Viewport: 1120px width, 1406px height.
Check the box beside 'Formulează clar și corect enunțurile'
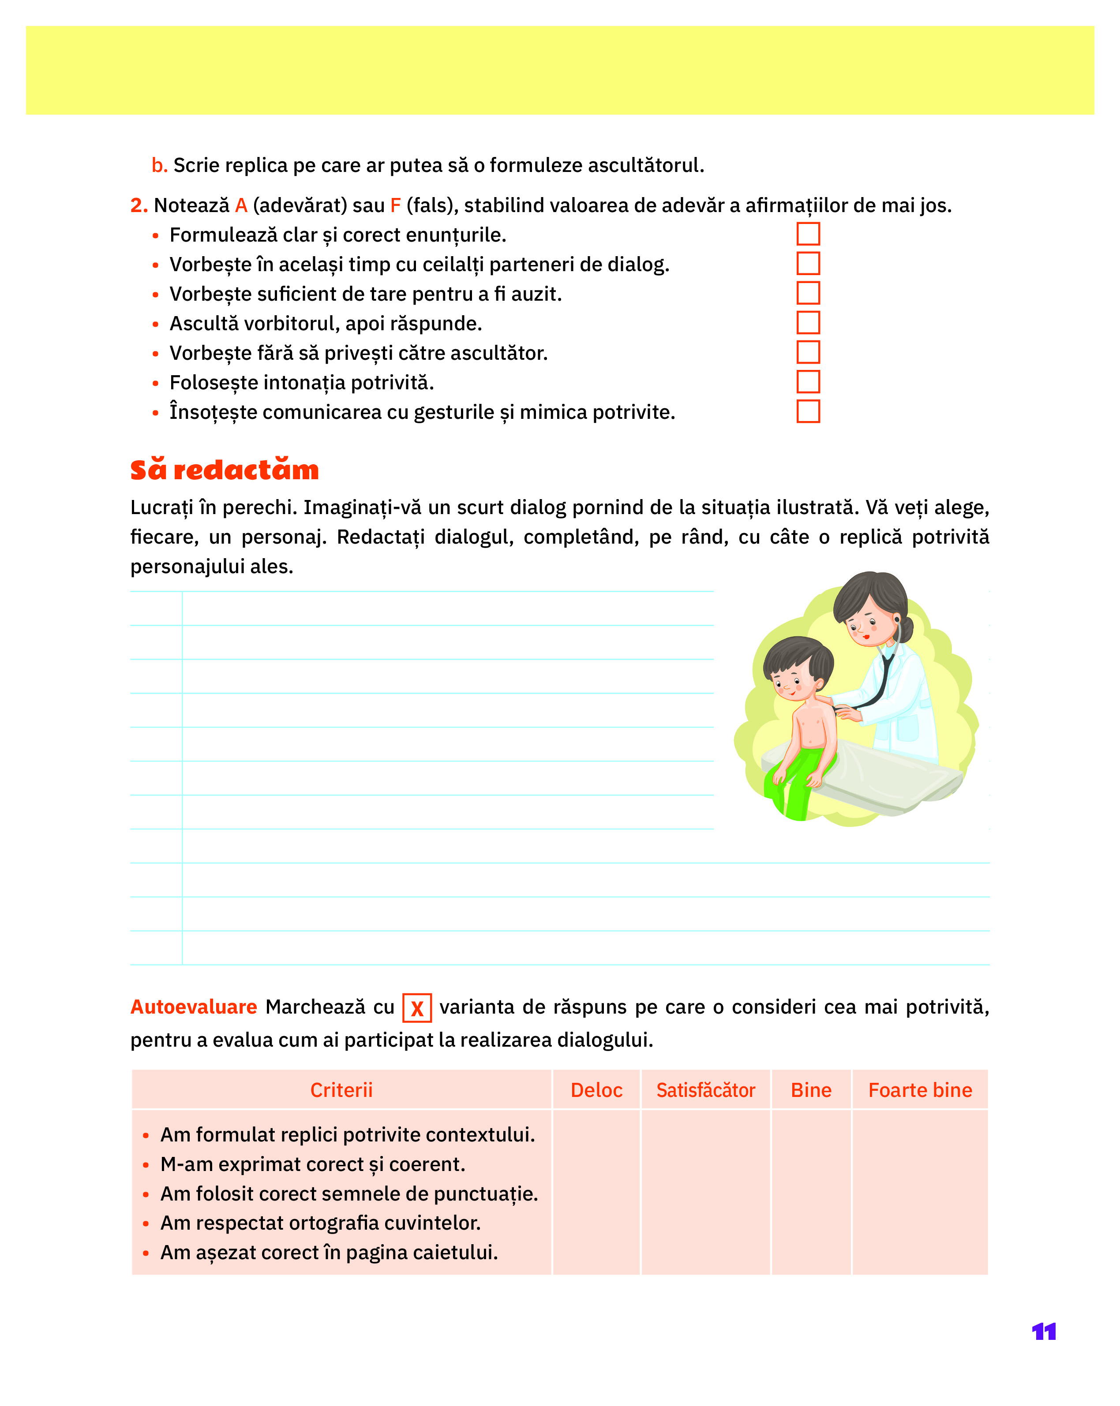point(808,234)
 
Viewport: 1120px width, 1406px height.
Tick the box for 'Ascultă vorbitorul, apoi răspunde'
point(808,323)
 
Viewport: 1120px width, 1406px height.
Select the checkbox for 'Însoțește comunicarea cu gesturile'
point(808,411)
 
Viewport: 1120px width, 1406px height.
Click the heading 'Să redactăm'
point(225,470)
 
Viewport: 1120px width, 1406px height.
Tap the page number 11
point(1044,1331)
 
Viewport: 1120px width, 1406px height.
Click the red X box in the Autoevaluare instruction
point(417,1008)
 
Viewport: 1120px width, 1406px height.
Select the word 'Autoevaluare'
point(194,1007)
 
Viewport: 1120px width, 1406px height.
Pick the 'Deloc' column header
point(596,1090)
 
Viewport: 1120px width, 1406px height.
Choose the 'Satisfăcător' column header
point(705,1090)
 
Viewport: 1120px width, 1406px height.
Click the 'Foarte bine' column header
point(920,1090)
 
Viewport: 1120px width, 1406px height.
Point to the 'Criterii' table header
point(341,1090)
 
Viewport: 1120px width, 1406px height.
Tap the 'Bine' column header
point(811,1090)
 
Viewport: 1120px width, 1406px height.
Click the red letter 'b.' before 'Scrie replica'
point(159,166)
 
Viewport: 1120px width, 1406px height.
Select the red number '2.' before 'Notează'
point(139,205)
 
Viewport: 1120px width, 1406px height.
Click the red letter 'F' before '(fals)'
point(395,205)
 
